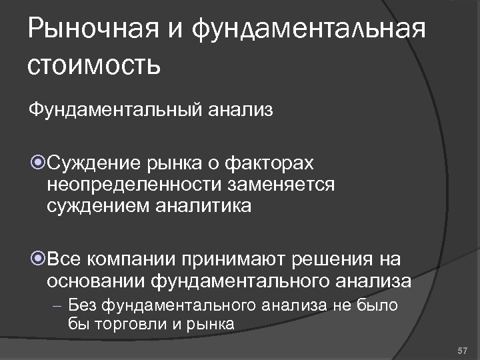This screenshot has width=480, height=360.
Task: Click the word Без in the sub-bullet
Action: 83,306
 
